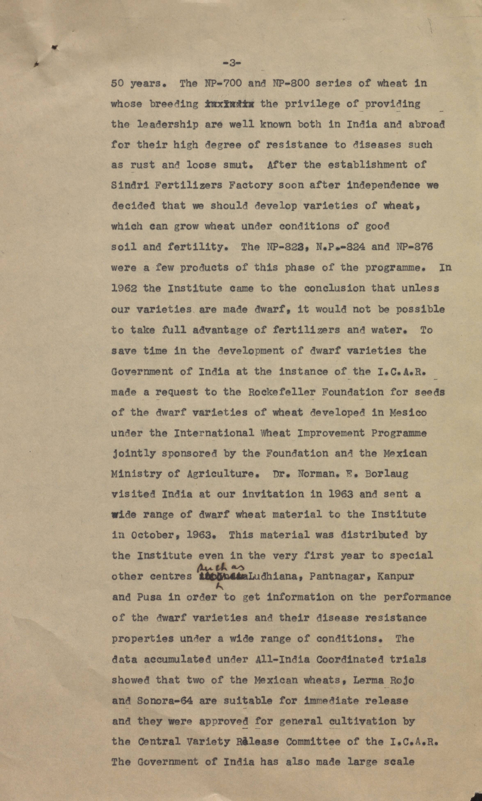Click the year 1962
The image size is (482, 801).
(124, 288)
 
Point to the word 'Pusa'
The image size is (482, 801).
(149, 597)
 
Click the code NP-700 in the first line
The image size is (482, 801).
(223, 83)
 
